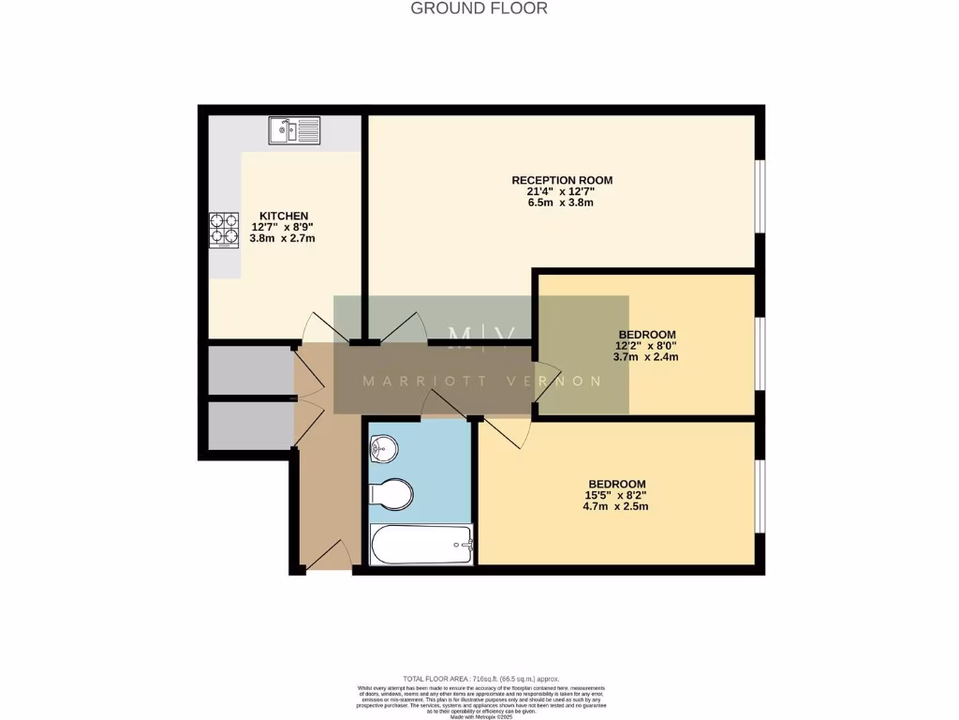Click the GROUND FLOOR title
pyautogui.click(x=479, y=8)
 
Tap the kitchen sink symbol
pyautogui.click(x=294, y=130)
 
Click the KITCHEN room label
pyautogui.click(x=283, y=216)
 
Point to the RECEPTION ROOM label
pyautogui.click(x=561, y=180)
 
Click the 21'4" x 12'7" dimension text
pyautogui.click(x=561, y=191)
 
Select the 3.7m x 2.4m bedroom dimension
pyautogui.click(x=646, y=357)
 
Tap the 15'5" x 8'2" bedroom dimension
pyautogui.click(x=614, y=495)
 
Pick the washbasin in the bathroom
pyautogui.click(x=384, y=451)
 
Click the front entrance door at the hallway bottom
pyautogui.click(x=328, y=557)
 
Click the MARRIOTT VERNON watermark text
pyautogui.click(x=481, y=382)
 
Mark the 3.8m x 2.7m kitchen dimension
pyautogui.click(x=283, y=238)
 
